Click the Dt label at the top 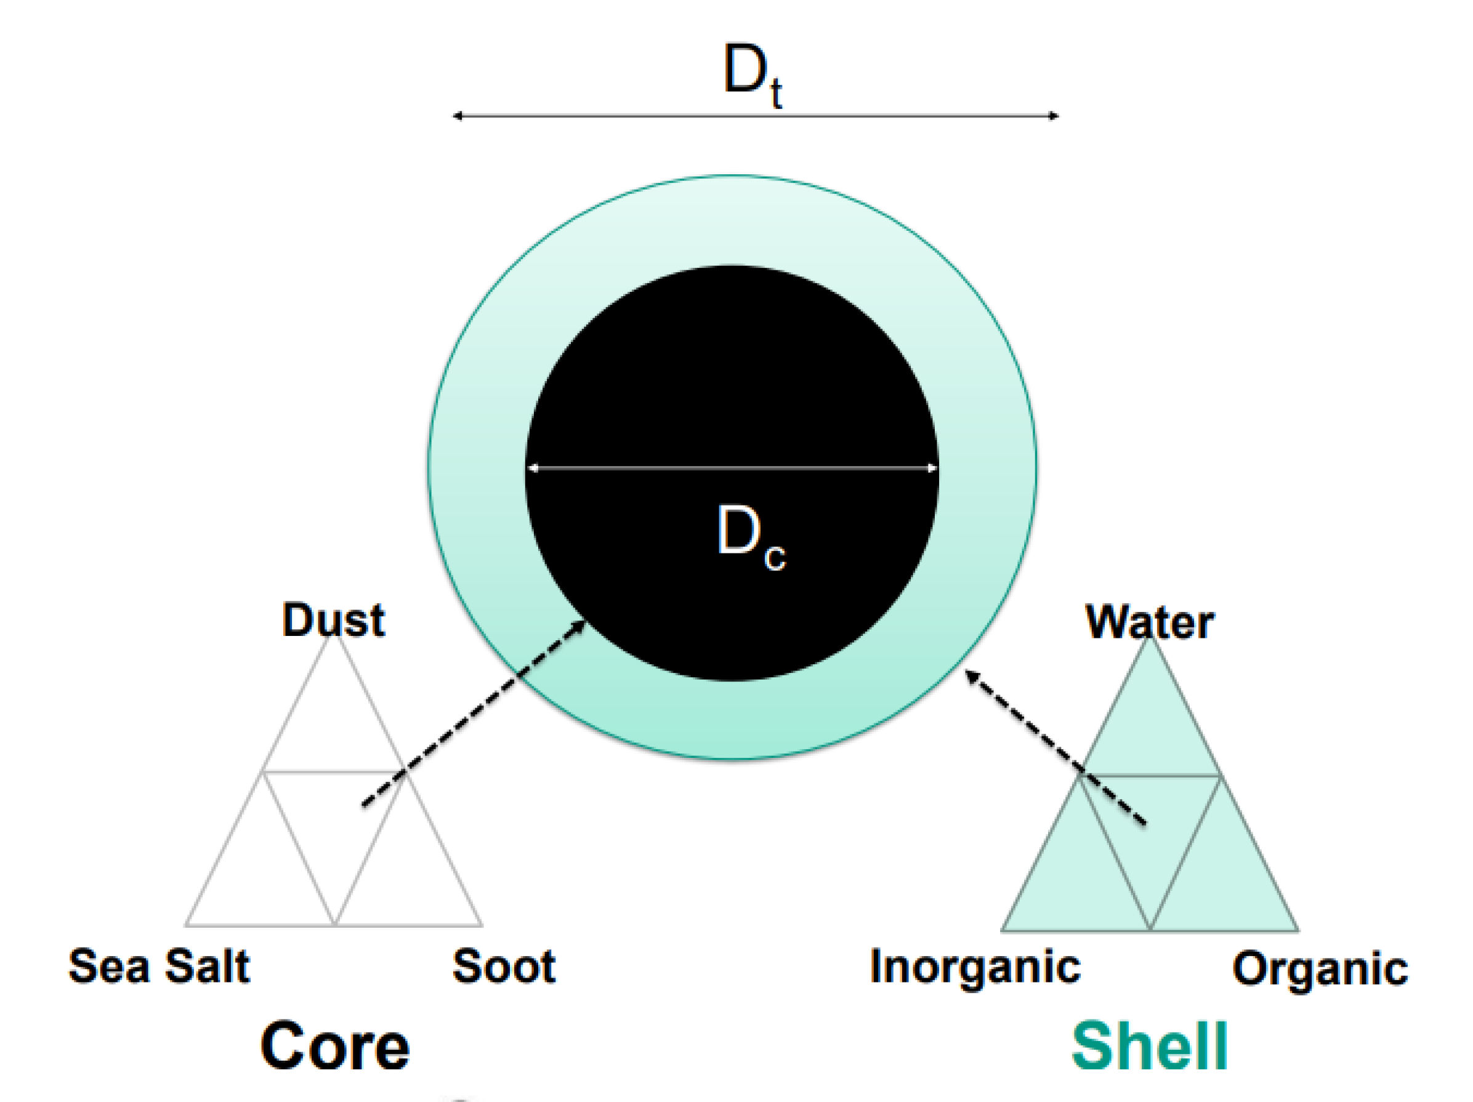click(752, 73)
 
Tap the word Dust click(333, 621)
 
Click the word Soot click(504, 966)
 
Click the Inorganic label click(975, 967)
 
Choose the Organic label click(1320, 969)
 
